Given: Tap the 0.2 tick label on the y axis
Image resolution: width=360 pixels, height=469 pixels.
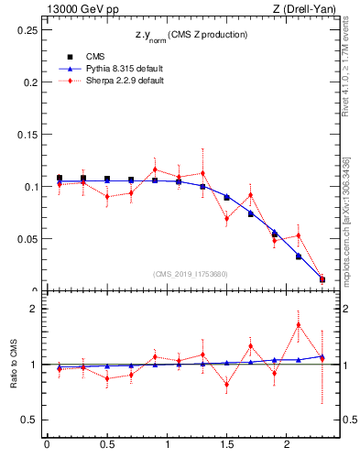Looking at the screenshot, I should coord(30,82).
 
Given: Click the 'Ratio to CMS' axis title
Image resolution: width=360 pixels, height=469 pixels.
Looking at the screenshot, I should coord(12,365).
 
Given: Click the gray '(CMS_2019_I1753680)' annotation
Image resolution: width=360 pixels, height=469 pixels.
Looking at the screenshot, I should coord(190,274).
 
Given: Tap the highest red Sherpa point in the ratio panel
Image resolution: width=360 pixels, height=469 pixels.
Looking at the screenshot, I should coord(299,324).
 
